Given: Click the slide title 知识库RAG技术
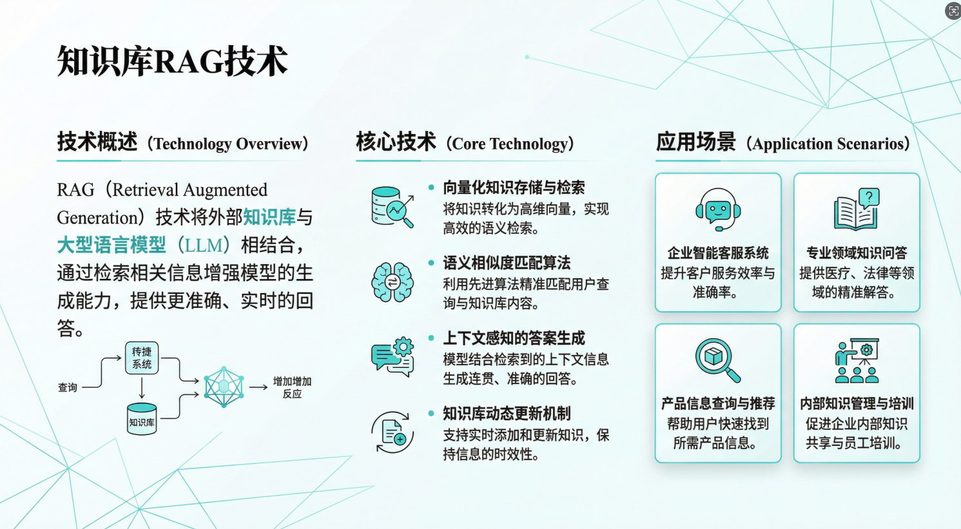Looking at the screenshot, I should click(172, 62).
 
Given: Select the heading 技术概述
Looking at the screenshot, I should click(97, 142).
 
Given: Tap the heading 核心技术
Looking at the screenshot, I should click(396, 142).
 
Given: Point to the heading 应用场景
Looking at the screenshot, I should click(695, 142).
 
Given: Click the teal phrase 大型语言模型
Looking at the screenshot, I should click(112, 245).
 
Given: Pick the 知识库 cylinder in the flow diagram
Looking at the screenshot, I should click(142, 418).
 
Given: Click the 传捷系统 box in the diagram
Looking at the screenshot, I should click(142, 358).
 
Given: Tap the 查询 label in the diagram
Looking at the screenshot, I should click(68, 387).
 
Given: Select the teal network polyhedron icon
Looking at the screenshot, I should click(224, 387).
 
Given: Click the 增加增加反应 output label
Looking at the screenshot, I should click(292, 387).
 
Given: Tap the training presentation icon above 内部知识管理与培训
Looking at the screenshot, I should click(857, 361).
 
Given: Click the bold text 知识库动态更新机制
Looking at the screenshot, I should click(507, 414).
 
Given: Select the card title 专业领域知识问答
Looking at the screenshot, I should click(857, 253).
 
